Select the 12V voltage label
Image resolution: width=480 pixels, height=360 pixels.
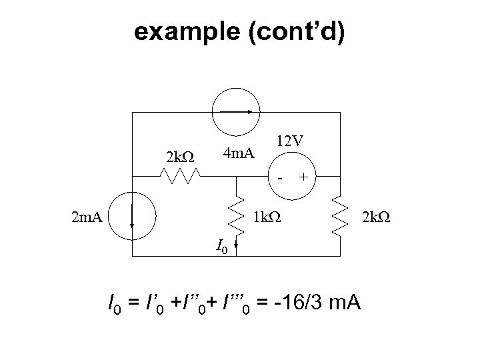coord(290,142)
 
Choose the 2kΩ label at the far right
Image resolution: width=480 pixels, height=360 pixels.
coord(377,216)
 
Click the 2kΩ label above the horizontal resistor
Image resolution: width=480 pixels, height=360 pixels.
coord(179,157)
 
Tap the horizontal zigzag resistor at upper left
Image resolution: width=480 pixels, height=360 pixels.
coord(179,176)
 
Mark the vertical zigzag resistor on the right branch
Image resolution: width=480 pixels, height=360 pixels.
coord(340,217)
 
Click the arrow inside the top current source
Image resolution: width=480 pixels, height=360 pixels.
coord(236,111)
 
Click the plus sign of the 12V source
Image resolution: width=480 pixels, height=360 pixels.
coord(304,177)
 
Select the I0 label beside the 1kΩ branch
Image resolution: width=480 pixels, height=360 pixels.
coord(222,247)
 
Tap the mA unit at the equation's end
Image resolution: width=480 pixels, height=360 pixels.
coord(345,305)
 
